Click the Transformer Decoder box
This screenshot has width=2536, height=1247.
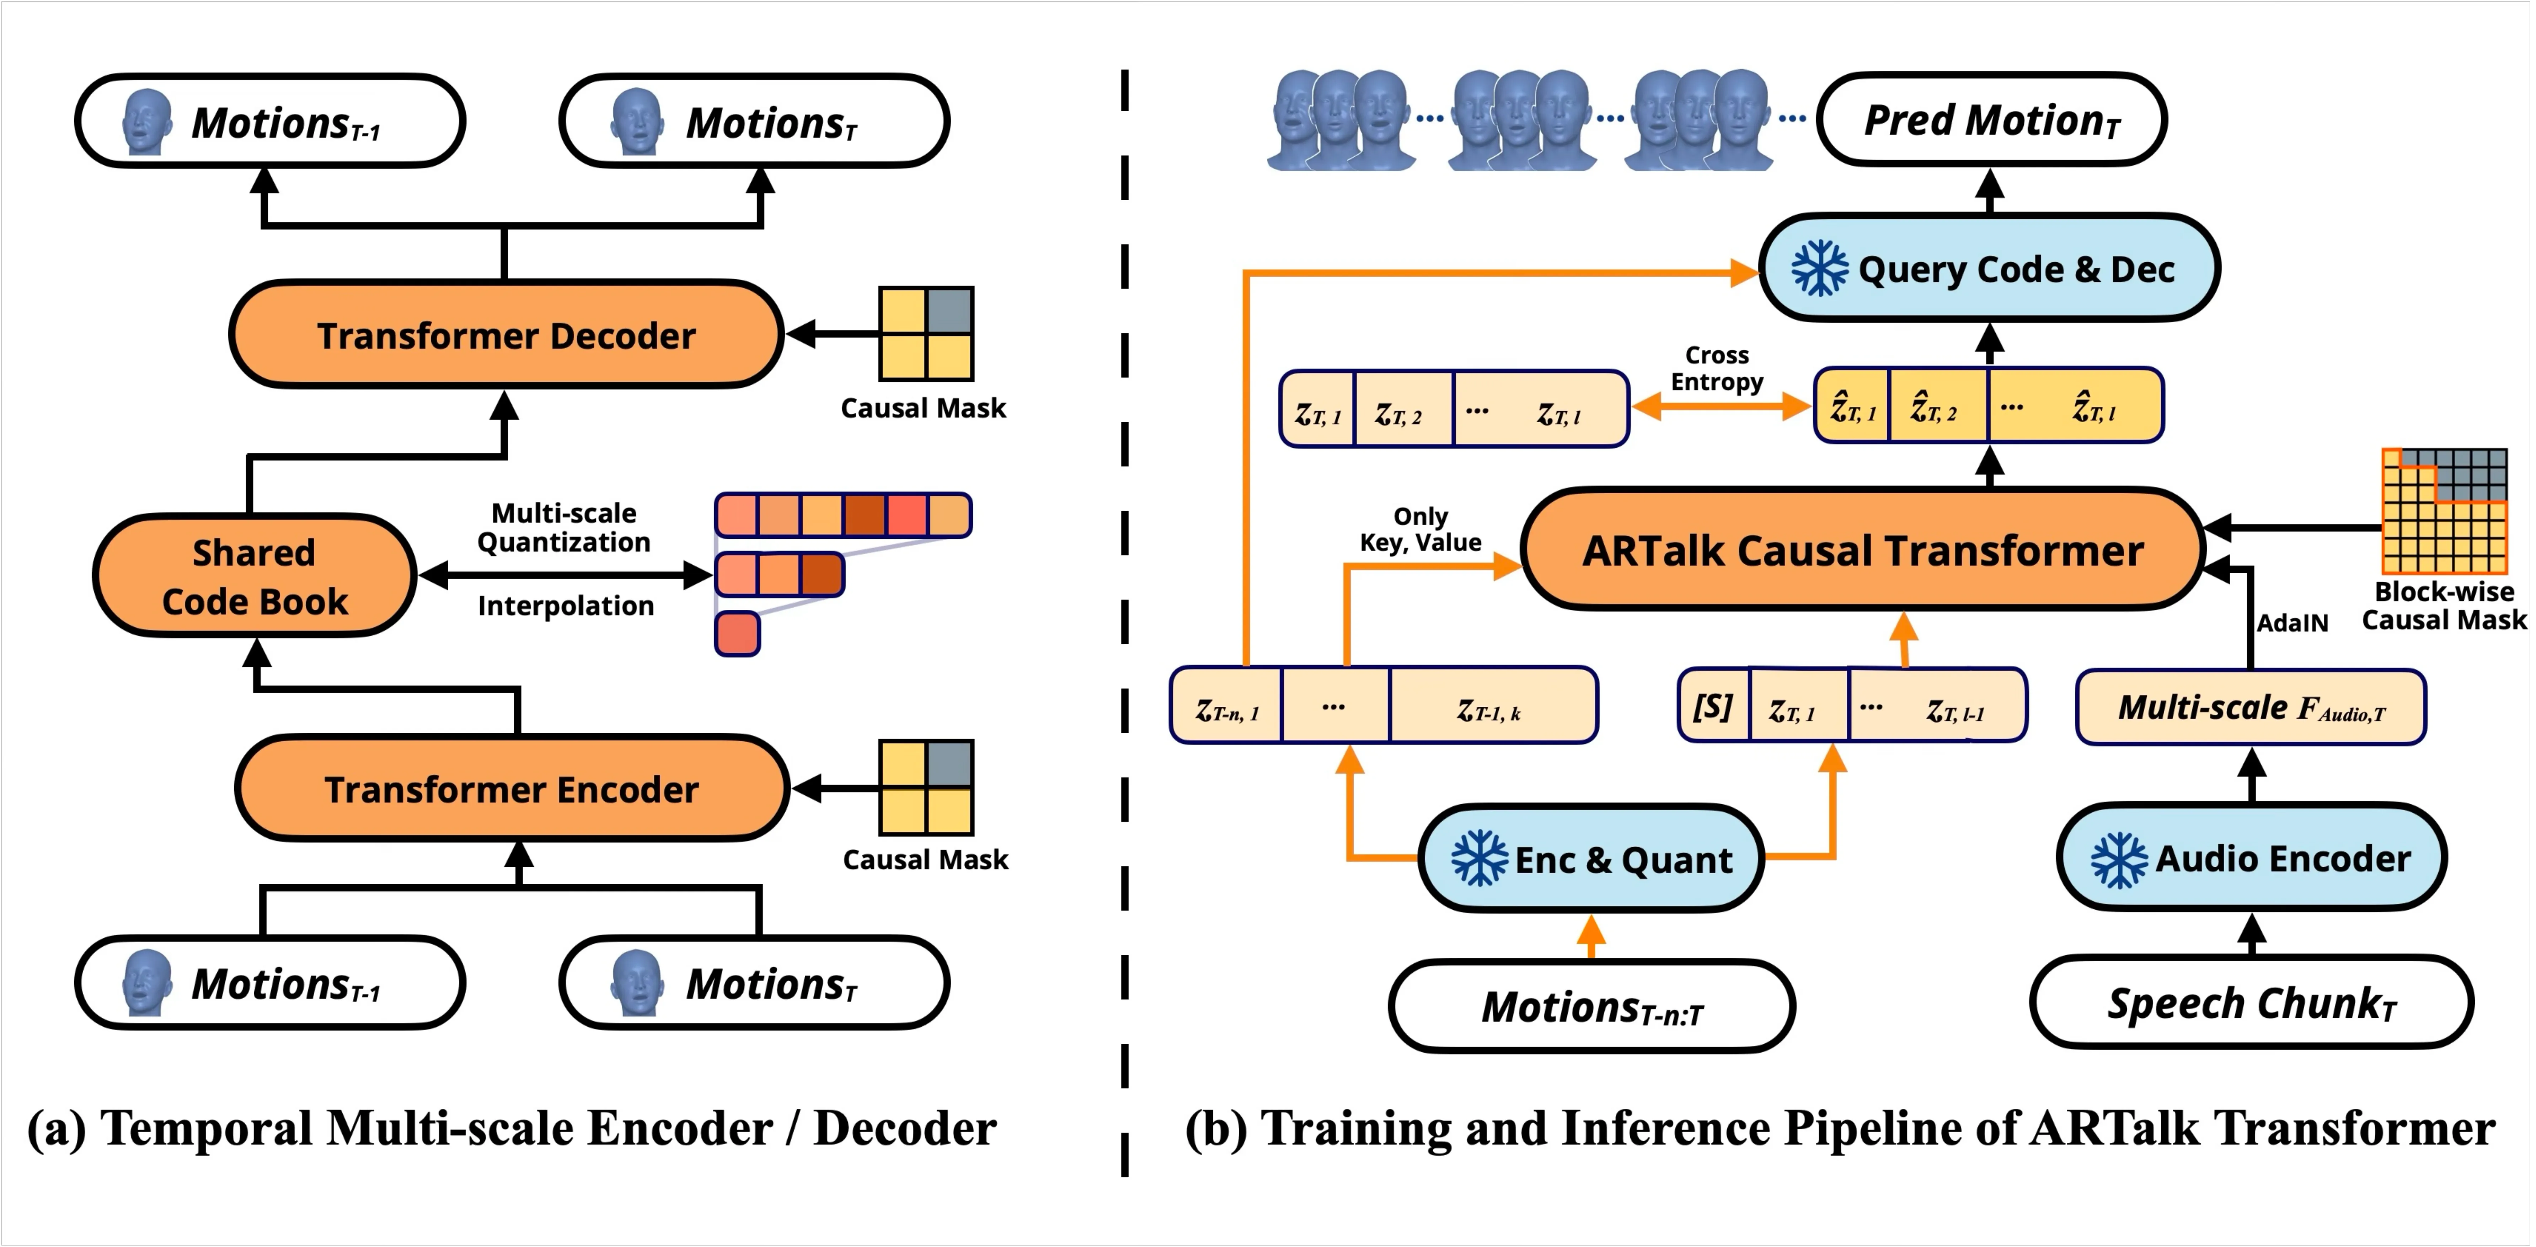506,335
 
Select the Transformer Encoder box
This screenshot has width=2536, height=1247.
512,788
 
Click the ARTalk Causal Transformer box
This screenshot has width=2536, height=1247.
1863,549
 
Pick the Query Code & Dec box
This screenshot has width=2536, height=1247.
1989,268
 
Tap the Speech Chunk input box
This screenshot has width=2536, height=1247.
2252,1002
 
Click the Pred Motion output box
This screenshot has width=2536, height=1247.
1991,119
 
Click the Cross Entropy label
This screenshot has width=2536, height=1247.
1717,368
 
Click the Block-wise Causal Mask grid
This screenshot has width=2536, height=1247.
2444,511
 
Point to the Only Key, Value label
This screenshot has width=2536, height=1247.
1421,530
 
